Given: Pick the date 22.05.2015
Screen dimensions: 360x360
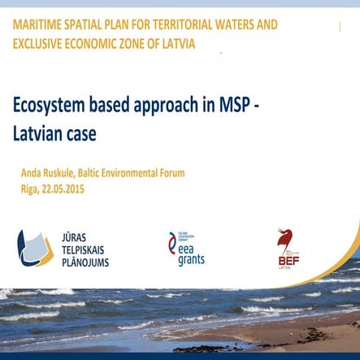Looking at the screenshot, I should pos(63,189).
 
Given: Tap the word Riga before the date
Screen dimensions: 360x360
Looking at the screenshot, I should pos(31,189).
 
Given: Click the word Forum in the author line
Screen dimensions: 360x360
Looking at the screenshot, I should pos(168,173).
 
